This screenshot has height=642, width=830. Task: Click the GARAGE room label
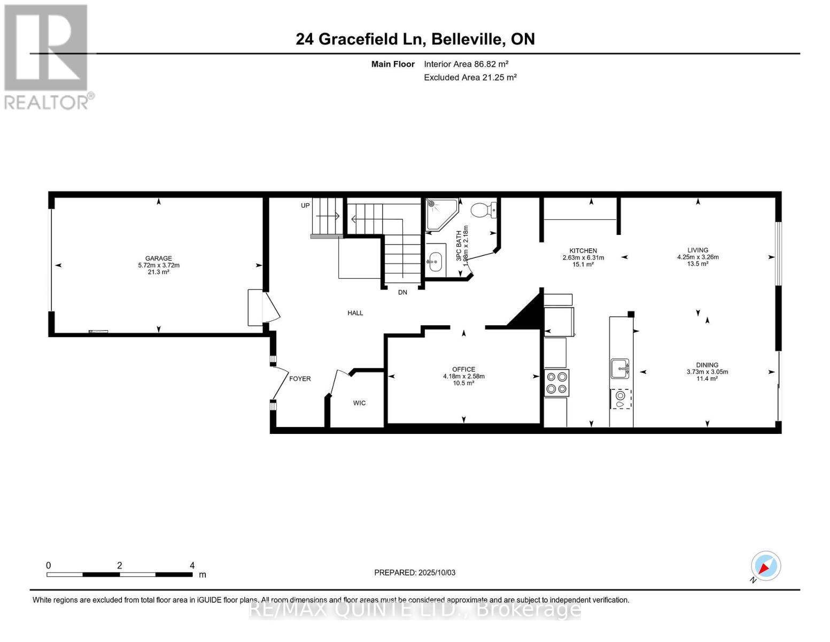pos(158,258)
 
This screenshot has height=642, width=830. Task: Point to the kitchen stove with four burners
pos(556,383)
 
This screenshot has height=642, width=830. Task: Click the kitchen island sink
pos(620,368)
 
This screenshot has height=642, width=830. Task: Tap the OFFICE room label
pos(463,369)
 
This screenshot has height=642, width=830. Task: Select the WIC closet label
pos(359,403)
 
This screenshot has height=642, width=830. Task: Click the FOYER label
pos(300,379)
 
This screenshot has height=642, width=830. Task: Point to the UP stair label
pos(305,205)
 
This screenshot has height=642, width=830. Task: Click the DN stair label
pos(402,293)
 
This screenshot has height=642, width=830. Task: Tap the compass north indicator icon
pos(765,567)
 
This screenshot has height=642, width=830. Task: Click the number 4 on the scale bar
pos(192,565)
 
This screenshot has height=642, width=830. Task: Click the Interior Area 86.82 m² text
pos(466,64)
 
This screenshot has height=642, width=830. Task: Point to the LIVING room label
pos(697,250)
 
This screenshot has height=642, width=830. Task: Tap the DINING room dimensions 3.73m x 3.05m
pos(707,372)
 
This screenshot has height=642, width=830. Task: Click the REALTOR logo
pos(46,56)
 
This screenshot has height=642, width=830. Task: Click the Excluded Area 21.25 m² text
pos(470,78)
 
